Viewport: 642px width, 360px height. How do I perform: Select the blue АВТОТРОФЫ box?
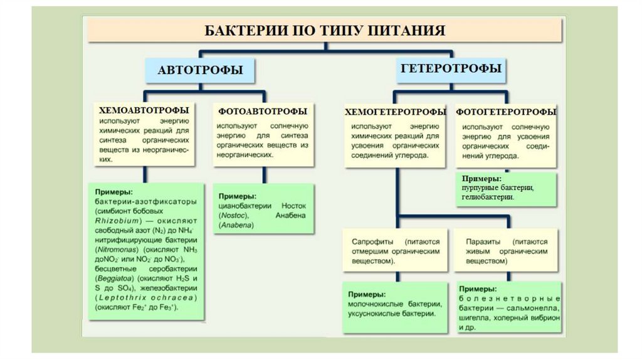(x=200, y=70)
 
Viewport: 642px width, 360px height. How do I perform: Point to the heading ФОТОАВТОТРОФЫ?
(x=263, y=111)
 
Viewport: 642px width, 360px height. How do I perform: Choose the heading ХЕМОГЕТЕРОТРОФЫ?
(x=395, y=112)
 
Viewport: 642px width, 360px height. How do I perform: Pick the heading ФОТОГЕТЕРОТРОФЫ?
(x=506, y=112)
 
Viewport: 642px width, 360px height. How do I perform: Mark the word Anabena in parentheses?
(x=233, y=225)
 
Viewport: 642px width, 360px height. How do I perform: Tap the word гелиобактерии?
(x=487, y=197)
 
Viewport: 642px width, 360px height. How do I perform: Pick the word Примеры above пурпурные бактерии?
(x=478, y=179)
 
